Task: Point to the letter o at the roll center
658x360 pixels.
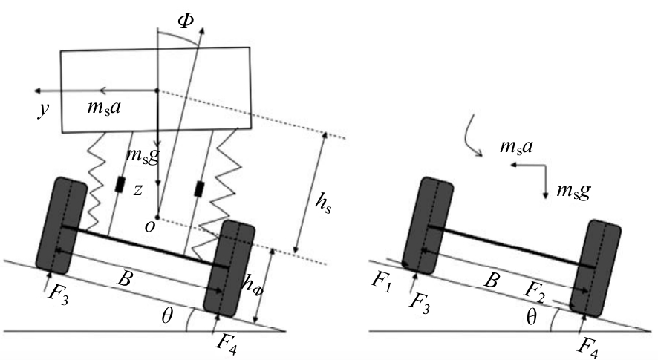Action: (150, 228)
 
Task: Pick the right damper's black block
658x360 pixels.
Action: (198, 189)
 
